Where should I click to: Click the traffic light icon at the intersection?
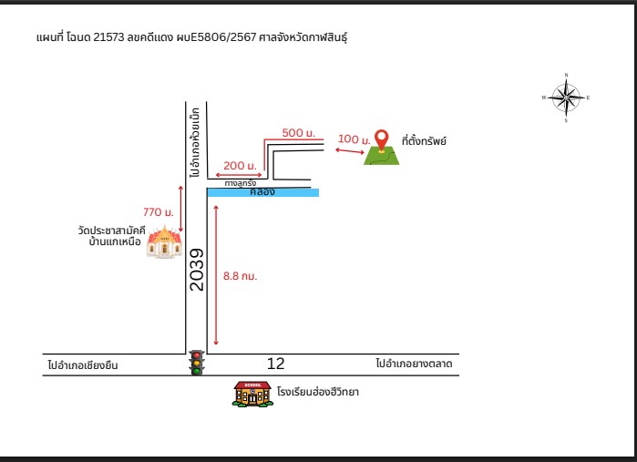(x=197, y=363)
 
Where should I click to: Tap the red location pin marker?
(x=381, y=140)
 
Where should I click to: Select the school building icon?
(x=252, y=394)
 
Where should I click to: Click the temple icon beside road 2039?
(x=164, y=242)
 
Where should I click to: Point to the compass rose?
(x=566, y=98)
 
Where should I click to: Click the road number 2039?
(x=197, y=270)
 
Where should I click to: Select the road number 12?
(x=276, y=364)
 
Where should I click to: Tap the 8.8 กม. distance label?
(x=240, y=276)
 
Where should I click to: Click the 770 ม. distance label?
(x=158, y=212)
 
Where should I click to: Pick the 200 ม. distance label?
(x=240, y=166)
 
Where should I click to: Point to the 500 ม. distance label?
(x=299, y=133)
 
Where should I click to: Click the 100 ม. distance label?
(x=354, y=139)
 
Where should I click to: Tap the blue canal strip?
(x=263, y=192)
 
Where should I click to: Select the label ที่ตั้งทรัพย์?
(x=424, y=141)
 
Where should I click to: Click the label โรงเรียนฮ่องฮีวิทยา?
(x=318, y=392)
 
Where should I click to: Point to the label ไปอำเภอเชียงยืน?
(x=82, y=364)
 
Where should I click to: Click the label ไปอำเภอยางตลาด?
(x=414, y=364)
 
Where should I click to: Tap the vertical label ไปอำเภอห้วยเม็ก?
(x=195, y=142)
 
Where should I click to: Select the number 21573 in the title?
(x=108, y=37)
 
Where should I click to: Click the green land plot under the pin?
(x=381, y=156)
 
